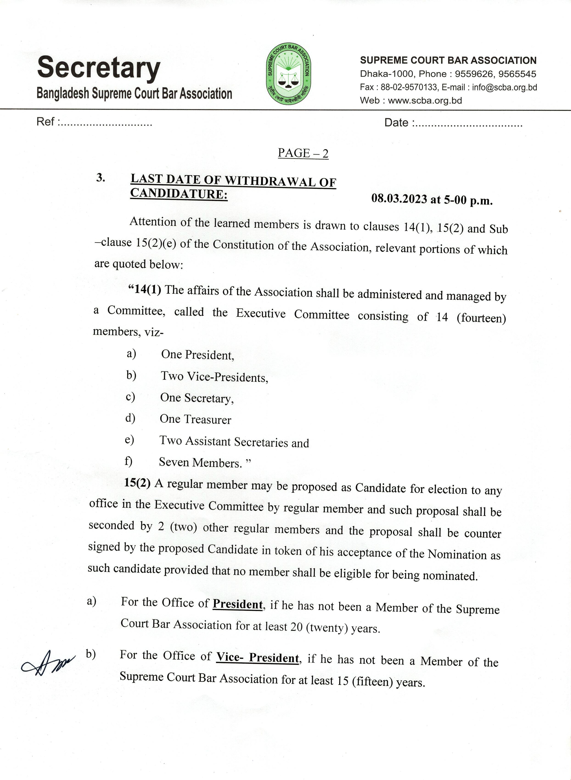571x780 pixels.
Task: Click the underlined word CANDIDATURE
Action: [178, 194]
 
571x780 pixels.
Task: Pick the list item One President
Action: [197, 355]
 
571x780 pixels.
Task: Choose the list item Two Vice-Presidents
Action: [214, 377]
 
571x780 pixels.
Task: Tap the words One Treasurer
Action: [195, 419]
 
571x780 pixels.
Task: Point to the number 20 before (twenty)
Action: [297, 626]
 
